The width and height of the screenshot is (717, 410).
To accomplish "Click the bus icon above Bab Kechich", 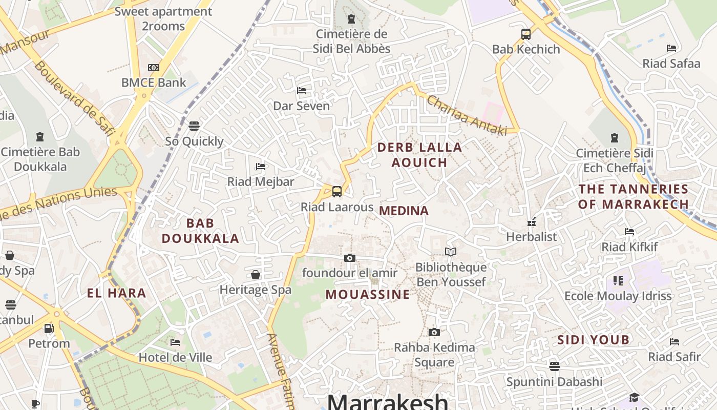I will pos(525,34).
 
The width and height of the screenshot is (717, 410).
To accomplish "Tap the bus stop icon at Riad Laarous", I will pos(336,192).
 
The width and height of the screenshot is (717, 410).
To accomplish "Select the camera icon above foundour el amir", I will pos(350,258).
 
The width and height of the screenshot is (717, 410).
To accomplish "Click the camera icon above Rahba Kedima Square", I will pos(434,333).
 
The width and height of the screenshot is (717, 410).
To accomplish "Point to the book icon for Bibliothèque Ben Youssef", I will pos(451,252).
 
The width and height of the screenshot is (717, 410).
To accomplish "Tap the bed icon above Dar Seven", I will pos(302,91).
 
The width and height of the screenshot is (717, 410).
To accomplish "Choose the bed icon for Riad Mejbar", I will pos(261,167).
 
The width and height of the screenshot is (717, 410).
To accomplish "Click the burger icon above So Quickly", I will pos(194,126).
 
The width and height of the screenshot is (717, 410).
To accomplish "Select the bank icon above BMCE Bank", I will pos(153,68).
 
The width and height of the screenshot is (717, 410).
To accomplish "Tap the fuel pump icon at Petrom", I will pos(49,328).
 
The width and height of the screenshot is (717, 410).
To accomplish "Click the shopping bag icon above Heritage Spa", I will pos(256,275).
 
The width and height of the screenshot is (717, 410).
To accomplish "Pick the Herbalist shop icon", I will pos(532,222).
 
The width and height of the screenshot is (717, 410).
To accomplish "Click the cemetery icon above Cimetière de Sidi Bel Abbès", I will pos(351,19).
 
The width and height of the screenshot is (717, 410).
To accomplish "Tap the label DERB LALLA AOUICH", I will pos(419,155).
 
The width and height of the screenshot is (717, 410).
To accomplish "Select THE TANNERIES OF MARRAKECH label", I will pos(634,196).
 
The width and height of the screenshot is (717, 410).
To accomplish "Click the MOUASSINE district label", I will pos(368,294).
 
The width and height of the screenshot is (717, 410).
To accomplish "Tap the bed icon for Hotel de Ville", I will pos(175,342).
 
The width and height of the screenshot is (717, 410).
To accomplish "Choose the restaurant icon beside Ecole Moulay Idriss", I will pos(618,280).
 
